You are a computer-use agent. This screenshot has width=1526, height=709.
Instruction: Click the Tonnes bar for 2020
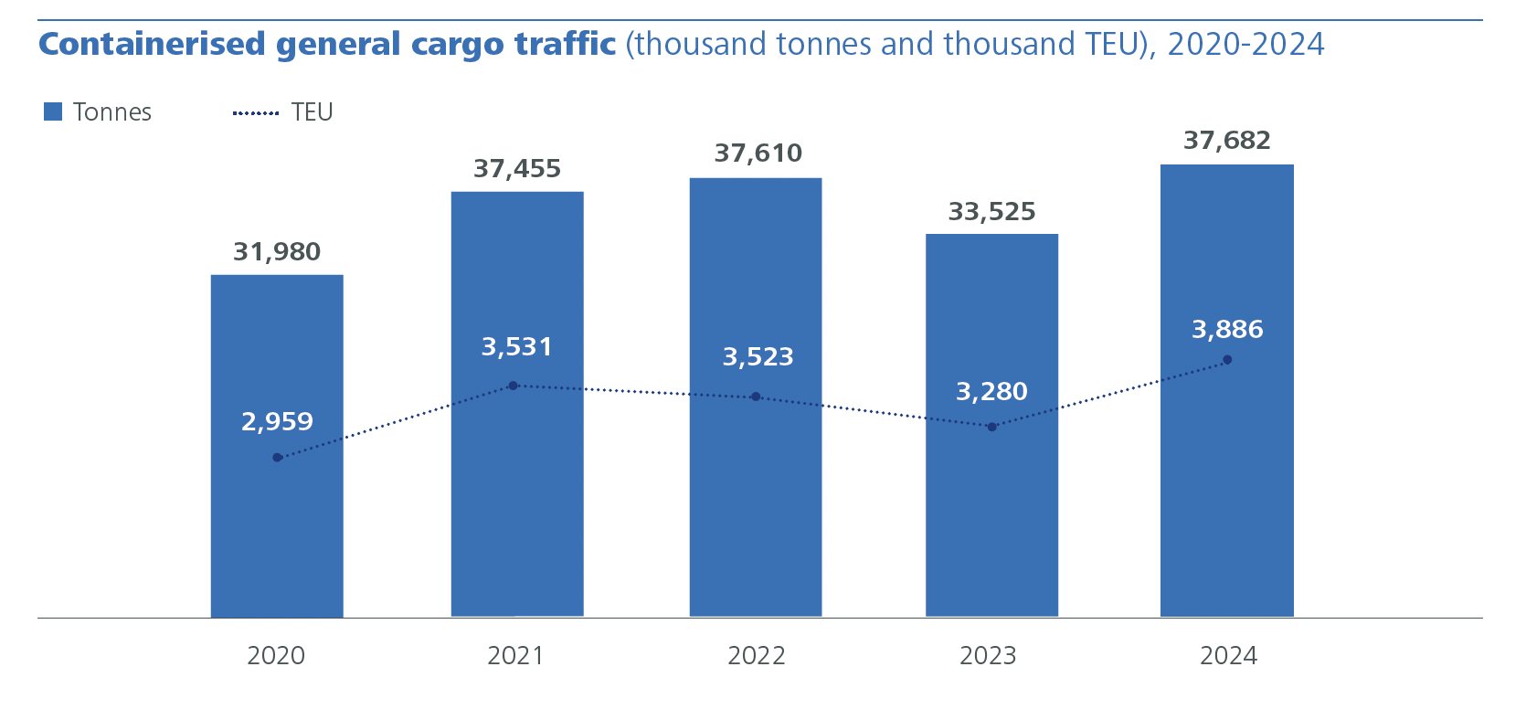pos(277,530)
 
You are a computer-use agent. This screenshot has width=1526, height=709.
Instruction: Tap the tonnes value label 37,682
pos(1226,141)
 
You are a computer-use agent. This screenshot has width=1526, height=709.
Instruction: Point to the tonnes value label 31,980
pos(277,252)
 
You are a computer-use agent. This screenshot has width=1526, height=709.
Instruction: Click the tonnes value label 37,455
pos(517,169)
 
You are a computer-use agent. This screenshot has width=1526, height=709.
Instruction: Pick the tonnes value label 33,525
pos(991,212)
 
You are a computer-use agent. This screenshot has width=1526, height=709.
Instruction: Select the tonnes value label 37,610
pos(758,153)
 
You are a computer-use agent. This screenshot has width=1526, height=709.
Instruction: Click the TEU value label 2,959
pos(277,422)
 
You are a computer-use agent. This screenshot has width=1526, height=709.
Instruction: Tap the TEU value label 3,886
pos(1227,330)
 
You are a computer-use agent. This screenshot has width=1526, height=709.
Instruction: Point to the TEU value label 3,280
pos(991,392)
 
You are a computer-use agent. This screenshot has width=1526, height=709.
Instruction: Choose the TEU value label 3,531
pos(517,347)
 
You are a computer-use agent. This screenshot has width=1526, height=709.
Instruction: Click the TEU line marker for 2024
pos(1227,360)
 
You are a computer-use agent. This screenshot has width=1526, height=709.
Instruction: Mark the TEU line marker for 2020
pos(277,458)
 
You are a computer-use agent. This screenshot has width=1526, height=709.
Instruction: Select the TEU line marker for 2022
pos(756,397)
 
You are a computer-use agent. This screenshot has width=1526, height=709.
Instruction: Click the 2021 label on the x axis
pos(515,656)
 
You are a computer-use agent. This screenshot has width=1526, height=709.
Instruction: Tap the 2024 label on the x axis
pos(1228,656)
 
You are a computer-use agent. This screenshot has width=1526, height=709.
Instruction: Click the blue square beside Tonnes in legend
pos(53,112)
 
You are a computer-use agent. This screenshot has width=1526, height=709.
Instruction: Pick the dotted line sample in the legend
pos(256,113)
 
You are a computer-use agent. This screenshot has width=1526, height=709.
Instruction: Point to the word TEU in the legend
pos(312,112)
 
